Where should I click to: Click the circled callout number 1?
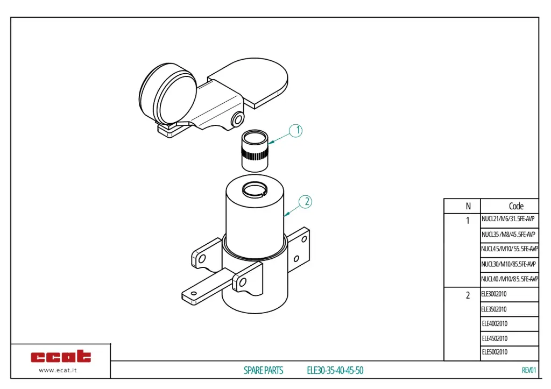click(296, 131)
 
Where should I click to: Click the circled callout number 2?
click(305, 202)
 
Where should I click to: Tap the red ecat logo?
click(61, 356)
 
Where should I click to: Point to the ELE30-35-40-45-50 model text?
click(335, 370)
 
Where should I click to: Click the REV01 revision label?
click(529, 370)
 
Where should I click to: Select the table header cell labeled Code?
click(515, 206)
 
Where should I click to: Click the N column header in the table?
click(468, 206)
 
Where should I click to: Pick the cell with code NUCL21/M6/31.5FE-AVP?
click(508, 220)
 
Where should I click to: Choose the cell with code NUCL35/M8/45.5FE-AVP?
click(508, 235)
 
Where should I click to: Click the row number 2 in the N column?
click(468, 295)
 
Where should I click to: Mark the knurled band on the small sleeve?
click(254, 156)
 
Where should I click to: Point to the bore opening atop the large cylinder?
click(255, 189)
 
